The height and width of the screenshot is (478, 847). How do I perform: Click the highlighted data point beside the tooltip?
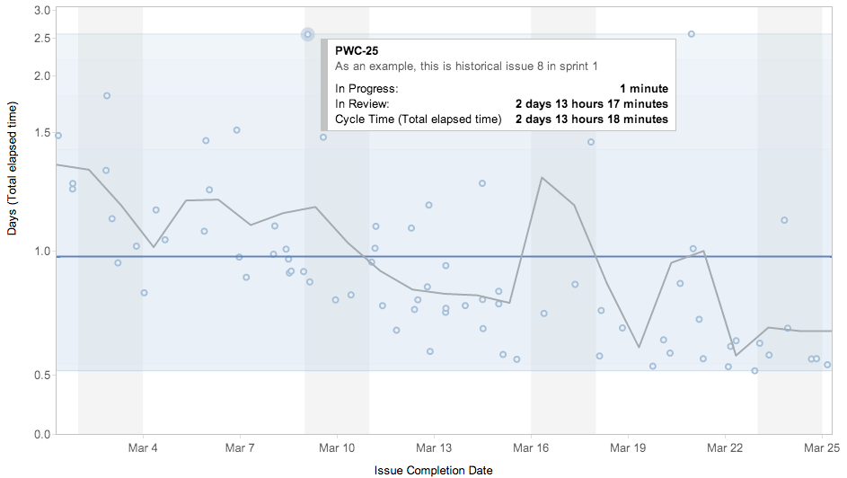click(x=308, y=35)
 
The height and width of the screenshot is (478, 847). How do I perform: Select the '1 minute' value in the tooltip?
click(x=643, y=89)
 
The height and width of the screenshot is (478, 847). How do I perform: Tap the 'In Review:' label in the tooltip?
click(x=362, y=104)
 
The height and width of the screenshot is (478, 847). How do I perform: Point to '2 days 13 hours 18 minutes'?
click(x=591, y=119)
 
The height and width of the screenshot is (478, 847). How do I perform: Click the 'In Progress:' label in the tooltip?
click(x=366, y=89)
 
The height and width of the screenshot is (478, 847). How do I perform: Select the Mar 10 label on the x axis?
click(x=336, y=447)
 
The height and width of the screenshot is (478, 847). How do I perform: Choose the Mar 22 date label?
click(x=724, y=447)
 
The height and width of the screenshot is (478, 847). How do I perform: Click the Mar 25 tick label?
click(x=821, y=447)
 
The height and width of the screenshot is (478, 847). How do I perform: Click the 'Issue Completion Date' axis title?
click(x=433, y=470)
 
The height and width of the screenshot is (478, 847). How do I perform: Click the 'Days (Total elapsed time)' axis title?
click(x=13, y=168)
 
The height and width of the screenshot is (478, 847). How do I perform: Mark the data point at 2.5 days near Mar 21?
click(x=691, y=34)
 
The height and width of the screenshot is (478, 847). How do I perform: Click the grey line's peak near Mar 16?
click(x=542, y=178)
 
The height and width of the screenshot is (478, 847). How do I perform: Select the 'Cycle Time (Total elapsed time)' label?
click(x=418, y=119)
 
